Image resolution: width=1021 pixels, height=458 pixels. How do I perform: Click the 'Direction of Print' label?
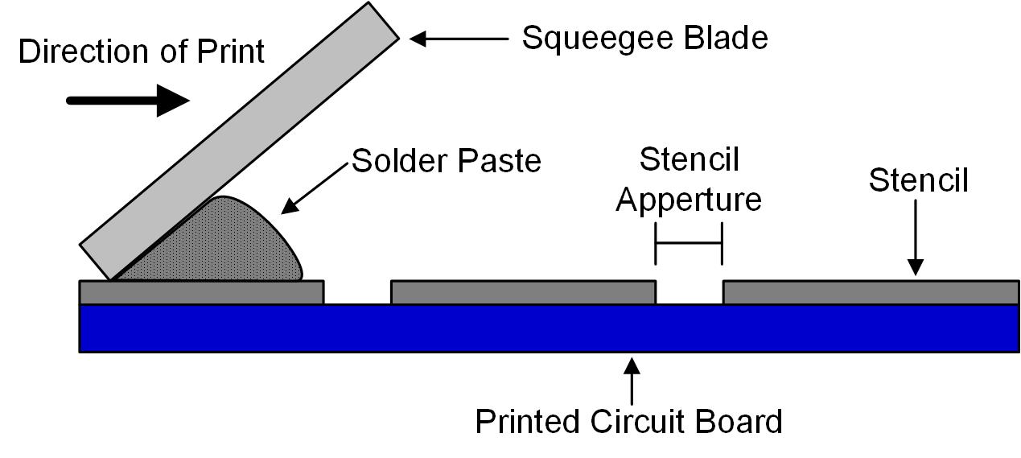[141, 52]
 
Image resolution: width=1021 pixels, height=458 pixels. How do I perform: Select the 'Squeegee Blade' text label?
[644, 37]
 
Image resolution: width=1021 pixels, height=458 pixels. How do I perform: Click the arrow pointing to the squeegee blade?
[459, 37]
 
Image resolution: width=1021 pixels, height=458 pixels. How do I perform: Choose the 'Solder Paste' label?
[447, 161]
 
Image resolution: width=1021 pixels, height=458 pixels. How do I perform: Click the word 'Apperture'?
[689, 198]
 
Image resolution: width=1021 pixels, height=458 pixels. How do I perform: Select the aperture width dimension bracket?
[689, 244]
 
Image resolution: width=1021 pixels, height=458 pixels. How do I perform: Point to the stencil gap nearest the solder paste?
[357, 295]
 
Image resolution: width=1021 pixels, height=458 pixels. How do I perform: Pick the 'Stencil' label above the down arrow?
[918, 180]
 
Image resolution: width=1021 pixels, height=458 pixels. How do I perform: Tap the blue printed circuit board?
[547, 328]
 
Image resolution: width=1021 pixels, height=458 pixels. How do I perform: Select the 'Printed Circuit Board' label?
[628, 421]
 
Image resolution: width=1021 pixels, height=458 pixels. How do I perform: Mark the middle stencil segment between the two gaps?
[523, 292]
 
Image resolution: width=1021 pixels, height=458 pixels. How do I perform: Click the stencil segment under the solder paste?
[201, 292]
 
